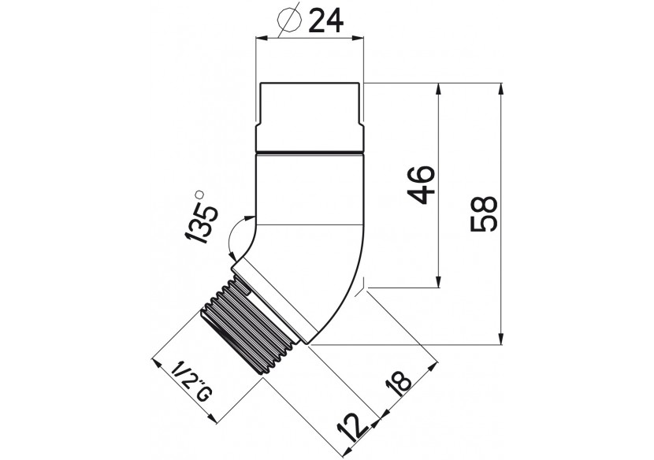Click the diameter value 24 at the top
(325, 20)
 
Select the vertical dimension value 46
(421, 184)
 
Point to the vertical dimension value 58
(484, 214)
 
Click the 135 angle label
(203, 219)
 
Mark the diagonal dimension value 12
(352, 428)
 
